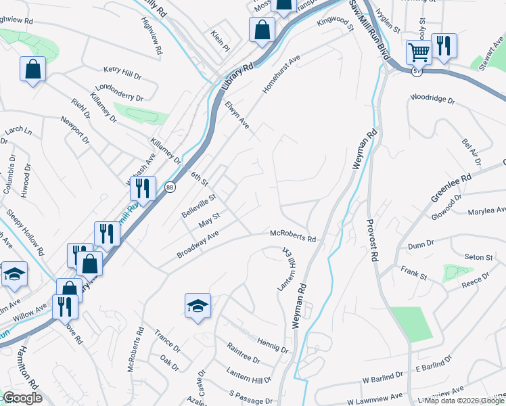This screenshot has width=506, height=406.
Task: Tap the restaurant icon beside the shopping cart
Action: (x=444, y=45)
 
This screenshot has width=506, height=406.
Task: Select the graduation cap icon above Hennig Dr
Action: (x=198, y=306)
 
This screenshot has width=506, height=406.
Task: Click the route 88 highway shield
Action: (x=171, y=189)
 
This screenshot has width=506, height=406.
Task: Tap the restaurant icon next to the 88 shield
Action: (x=143, y=188)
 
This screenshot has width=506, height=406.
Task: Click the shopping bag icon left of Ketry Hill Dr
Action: (x=33, y=69)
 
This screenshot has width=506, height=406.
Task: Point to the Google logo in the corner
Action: (x=22, y=398)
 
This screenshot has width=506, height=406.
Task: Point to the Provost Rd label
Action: (x=371, y=240)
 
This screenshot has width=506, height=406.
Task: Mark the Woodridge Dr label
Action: (x=432, y=99)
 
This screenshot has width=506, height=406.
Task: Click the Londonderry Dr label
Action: (x=120, y=93)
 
